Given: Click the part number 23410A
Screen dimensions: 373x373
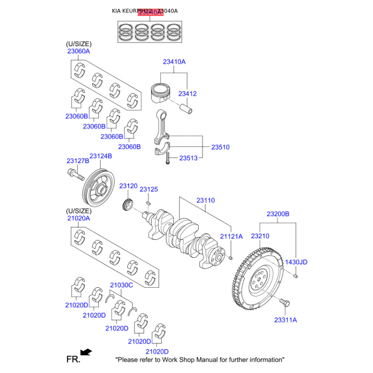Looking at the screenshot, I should click(174, 62).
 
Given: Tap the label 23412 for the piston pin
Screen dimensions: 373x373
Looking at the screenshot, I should click(187, 94).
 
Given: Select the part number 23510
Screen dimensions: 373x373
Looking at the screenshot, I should click(220, 147).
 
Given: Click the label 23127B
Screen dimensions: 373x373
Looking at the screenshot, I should click(77, 161).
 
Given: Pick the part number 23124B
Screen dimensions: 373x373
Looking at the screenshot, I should click(101, 156).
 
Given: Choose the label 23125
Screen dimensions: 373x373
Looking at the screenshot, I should click(149, 189).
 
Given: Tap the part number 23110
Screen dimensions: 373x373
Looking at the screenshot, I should click(205, 200).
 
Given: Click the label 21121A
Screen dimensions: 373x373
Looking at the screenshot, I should click(232, 236).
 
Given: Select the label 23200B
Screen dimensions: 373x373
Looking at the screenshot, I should click(278, 214).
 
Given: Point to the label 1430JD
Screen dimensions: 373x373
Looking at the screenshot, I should click(297, 262).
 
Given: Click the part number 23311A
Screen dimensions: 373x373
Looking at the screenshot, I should click(285, 320).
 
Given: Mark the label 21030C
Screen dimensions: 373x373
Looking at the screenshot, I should click(121, 285).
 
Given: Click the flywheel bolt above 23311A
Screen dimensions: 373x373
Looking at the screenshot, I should click(285, 304).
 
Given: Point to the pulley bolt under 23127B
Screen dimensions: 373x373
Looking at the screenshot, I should click(75, 175).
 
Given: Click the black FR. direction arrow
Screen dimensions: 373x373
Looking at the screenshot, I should click(86, 352).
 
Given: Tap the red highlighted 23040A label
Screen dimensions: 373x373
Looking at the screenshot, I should click(150, 13).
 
